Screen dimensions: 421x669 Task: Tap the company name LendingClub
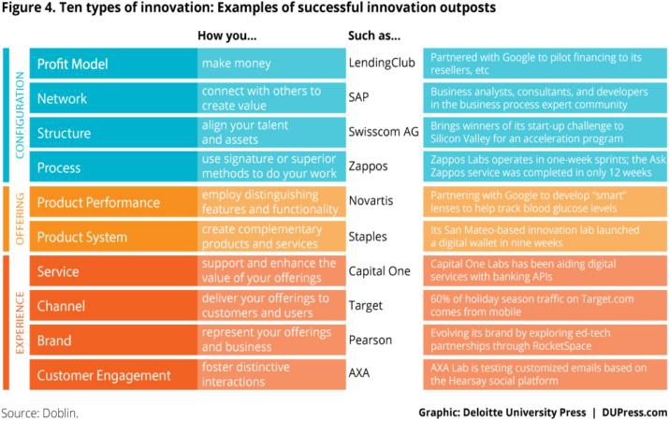[379, 65]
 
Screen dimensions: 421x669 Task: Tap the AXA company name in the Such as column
[360, 374]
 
